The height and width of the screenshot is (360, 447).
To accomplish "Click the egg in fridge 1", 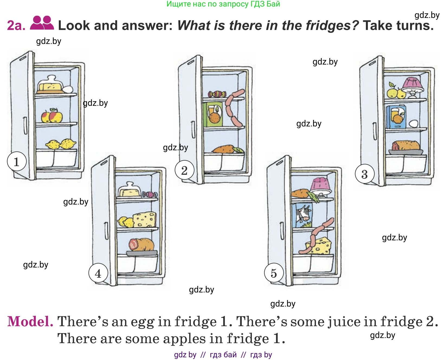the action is pyautogui.click(x=68, y=89).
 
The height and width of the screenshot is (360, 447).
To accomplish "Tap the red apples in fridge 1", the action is pyautogui.click(x=52, y=116).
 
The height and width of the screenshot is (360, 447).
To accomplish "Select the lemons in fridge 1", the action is pyautogui.click(x=61, y=144).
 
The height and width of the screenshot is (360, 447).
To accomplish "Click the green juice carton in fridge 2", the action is pyautogui.click(x=213, y=114).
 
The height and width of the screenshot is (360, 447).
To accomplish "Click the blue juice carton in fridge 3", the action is pyautogui.click(x=396, y=117).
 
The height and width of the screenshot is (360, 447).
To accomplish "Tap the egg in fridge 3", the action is pyautogui.click(x=413, y=124).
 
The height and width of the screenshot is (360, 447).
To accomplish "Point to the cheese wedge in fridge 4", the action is pyautogui.click(x=144, y=219).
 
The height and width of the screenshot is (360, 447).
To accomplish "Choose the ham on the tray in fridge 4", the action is pyautogui.click(x=141, y=245).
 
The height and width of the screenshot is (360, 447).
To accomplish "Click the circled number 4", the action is pyautogui.click(x=98, y=273).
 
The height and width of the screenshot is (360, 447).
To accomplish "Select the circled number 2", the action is pyautogui.click(x=184, y=170).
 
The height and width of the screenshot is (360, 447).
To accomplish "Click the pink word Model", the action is pyautogui.click(x=30, y=321).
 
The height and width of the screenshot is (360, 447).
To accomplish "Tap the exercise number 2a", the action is pyautogui.click(x=16, y=26).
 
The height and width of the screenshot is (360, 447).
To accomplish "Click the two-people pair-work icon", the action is pyautogui.click(x=42, y=23).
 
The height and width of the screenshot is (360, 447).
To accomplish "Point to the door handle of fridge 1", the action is pyautogui.click(x=25, y=126).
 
